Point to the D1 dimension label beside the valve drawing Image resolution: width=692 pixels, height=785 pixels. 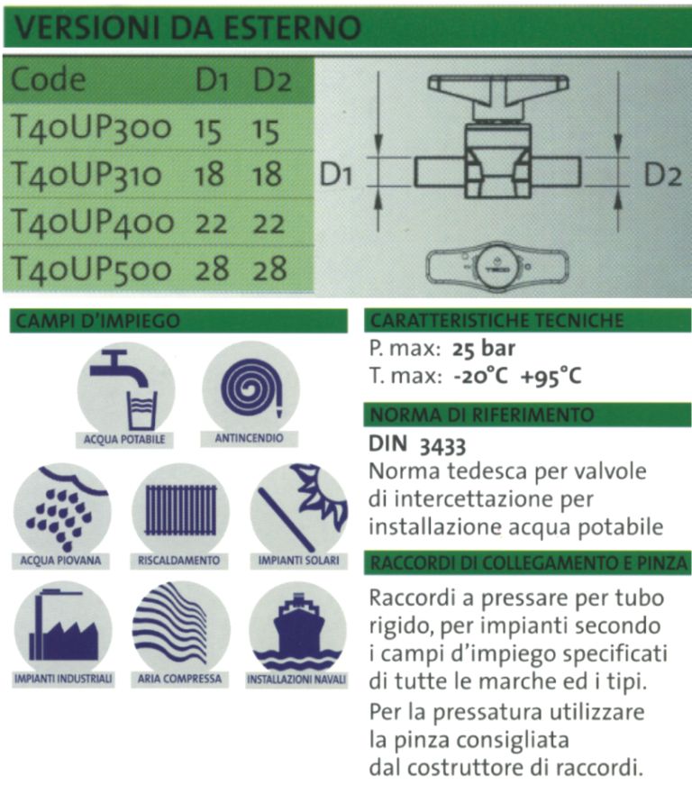(335, 176)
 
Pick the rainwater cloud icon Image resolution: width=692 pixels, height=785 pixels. (61, 507)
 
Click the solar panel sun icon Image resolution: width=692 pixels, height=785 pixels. (297, 507)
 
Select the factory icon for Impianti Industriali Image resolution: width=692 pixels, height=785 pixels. (61, 625)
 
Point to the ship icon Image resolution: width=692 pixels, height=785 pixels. (297, 625)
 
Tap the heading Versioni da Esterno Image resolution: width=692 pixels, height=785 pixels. (185, 26)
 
